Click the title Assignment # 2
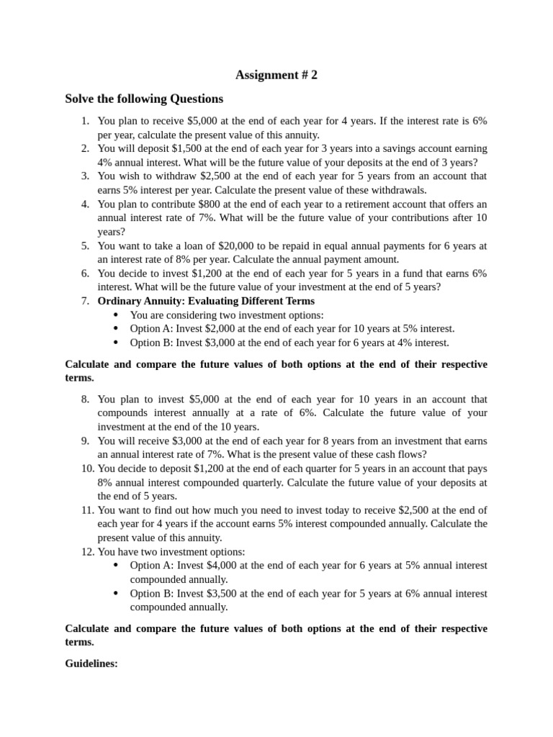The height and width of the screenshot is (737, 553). pos(276,75)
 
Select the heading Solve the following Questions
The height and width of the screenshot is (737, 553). pos(144,99)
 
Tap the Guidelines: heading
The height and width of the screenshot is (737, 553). pos(91,664)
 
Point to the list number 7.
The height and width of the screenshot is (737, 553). pos(85,301)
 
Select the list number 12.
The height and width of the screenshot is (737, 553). pos(82,551)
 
